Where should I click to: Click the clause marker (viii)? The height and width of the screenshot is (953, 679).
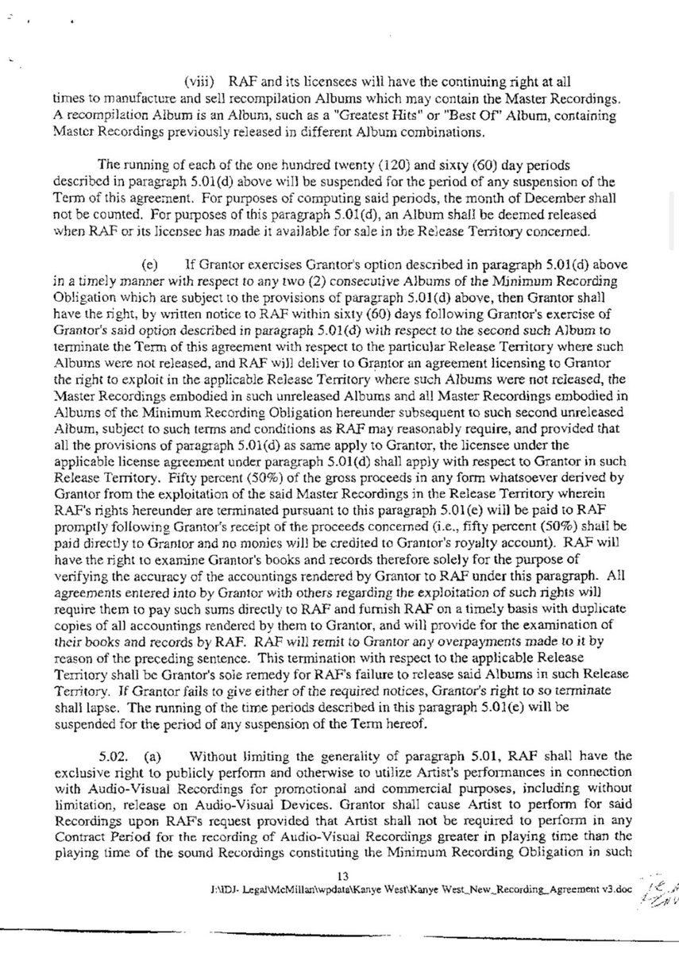pyautogui.click(x=202, y=82)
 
